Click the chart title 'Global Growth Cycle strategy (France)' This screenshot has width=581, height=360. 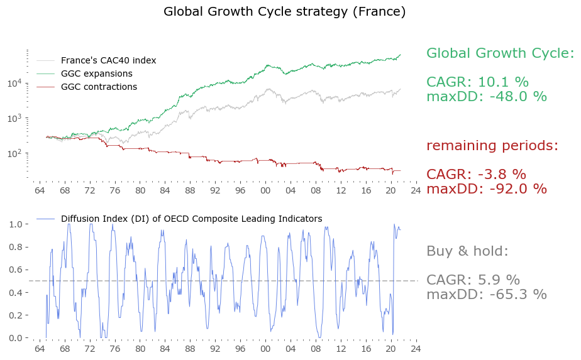point(284,12)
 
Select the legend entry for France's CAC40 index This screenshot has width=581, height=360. point(108,60)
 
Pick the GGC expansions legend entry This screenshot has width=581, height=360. point(96,74)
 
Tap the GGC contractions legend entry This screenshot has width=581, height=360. point(99,87)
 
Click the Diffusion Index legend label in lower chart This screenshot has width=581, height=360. point(191,219)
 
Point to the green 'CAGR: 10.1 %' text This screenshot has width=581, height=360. point(477,82)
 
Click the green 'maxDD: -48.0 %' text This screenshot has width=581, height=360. point(486,97)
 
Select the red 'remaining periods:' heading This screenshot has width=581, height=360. point(492,146)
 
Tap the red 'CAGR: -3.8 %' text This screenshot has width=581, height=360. point(476,175)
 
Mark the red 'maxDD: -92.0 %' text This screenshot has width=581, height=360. point(486,189)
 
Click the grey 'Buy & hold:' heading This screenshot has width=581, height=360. point(467,251)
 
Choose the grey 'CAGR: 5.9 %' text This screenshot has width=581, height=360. point(473,280)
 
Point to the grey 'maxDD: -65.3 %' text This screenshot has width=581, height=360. point(486,295)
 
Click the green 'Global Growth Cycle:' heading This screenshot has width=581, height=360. point(500,53)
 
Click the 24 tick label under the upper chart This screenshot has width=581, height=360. point(415,190)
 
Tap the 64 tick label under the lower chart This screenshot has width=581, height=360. point(40,348)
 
